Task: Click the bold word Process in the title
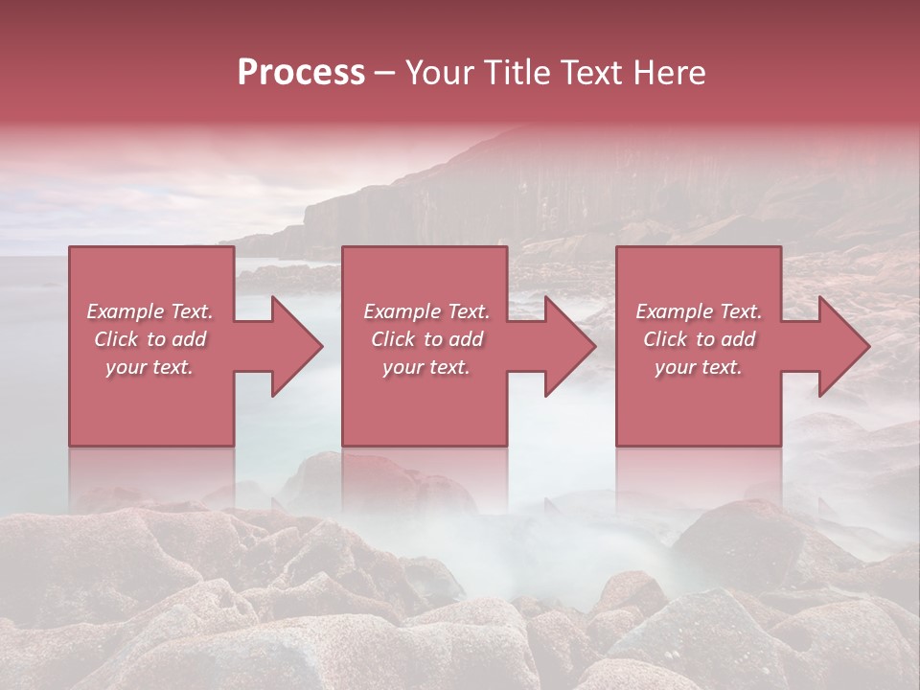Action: (x=301, y=73)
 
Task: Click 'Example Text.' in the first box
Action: (x=149, y=311)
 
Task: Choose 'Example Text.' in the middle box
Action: (x=426, y=311)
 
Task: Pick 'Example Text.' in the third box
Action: (x=699, y=311)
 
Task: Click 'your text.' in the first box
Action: (x=149, y=367)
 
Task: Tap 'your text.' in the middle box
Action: (x=426, y=367)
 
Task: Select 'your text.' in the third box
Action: (x=699, y=367)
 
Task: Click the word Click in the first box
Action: (x=116, y=339)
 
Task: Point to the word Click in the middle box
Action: (x=393, y=339)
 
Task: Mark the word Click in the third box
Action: (x=665, y=339)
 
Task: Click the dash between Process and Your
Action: (x=385, y=75)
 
